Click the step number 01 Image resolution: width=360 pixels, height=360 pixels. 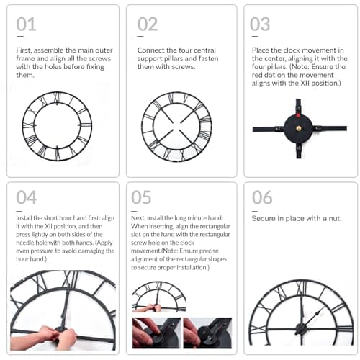26,24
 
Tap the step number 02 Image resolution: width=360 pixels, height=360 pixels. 147,24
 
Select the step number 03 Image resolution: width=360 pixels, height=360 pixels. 260,24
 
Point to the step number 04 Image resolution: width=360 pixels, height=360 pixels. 26,197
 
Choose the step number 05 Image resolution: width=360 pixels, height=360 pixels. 142,197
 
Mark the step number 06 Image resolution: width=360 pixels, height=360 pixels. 261,197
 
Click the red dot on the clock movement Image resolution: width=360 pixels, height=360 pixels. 294,114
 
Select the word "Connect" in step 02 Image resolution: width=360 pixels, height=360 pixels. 150,51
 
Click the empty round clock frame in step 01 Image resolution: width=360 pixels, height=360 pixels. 57,125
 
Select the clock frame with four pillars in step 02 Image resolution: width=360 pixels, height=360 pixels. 176,126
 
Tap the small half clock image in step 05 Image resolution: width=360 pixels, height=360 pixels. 158,296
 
